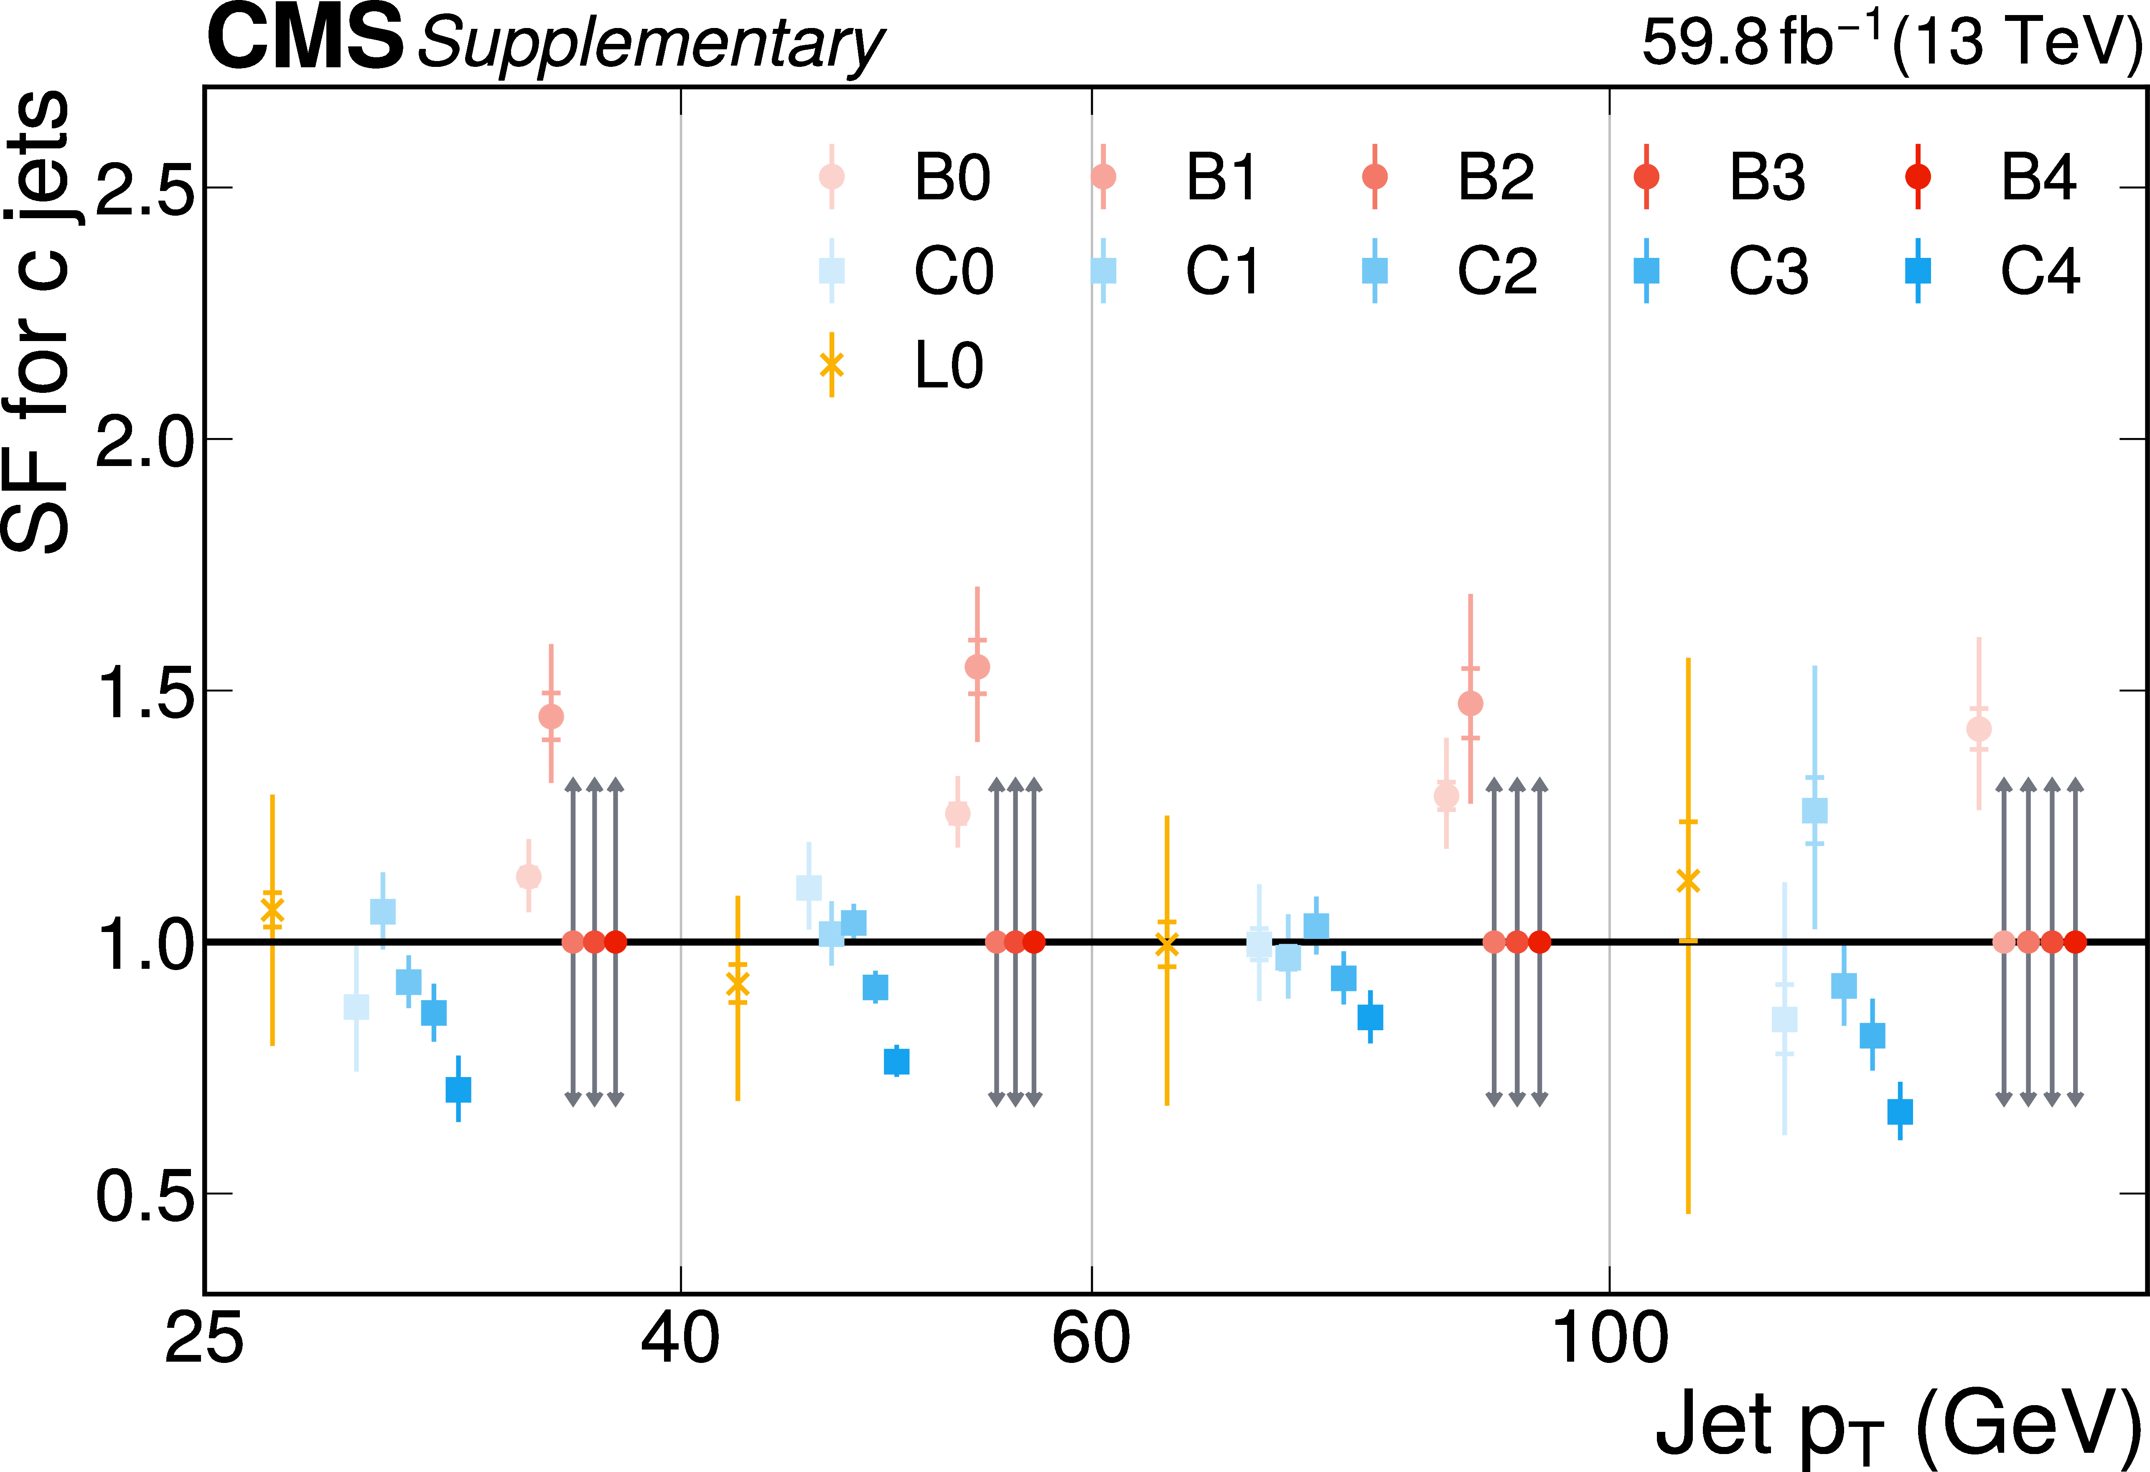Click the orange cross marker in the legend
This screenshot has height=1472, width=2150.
tap(832, 364)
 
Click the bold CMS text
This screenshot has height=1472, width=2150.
tap(305, 39)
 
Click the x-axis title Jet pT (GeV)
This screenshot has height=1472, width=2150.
tap(1896, 1425)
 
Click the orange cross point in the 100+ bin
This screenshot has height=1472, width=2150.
tap(1688, 881)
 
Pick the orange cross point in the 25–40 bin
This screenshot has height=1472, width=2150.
tap(272, 910)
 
